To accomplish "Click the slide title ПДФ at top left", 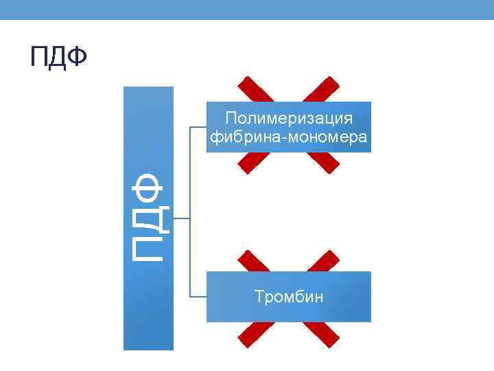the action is [58, 58].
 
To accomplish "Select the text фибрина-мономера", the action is [289, 137].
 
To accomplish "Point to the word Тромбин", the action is [289, 297].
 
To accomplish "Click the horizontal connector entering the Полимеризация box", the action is [198, 127].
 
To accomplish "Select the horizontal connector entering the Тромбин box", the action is [198, 297].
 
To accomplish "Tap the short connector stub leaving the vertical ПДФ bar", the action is [181, 219].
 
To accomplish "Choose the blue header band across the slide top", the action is [247, 10].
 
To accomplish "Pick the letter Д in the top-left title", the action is [59, 58].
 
